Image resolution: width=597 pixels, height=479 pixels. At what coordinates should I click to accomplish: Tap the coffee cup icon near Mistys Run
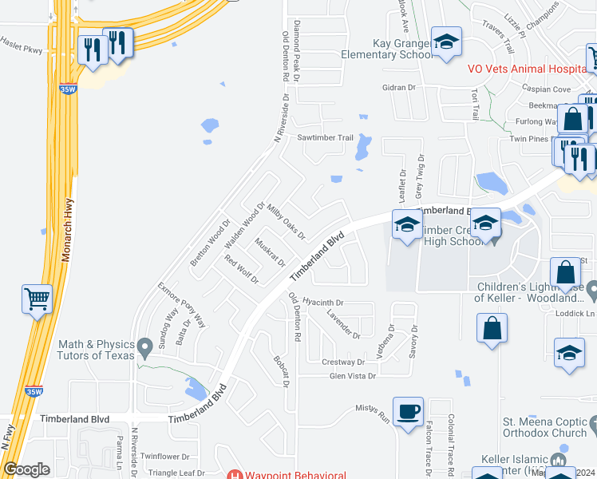pyautogui.click(x=409, y=412)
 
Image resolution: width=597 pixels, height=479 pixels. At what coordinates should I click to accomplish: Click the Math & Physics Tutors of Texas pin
pyautogui.click(x=144, y=347)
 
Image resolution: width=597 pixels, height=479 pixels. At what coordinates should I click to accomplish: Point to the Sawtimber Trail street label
pyautogui.click(x=325, y=138)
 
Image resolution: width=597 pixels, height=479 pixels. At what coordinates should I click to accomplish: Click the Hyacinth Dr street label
pyautogui.click(x=322, y=303)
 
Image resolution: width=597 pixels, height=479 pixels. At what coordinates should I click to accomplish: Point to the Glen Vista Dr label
pyautogui.click(x=347, y=375)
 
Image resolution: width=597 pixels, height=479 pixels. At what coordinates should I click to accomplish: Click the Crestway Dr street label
pyautogui.click(x=342, y=362)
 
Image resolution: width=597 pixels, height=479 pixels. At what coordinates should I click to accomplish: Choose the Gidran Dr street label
pyautogui.click(x=400, y=87)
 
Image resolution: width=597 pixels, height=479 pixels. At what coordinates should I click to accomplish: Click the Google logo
pyautogui.click(x=26, y=469)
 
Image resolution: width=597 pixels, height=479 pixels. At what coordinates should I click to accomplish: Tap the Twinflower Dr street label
pyautogui.click(x=164, y=457)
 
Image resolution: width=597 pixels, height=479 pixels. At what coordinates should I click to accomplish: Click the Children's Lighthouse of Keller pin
pyautogui.click(x=591, y=288)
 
